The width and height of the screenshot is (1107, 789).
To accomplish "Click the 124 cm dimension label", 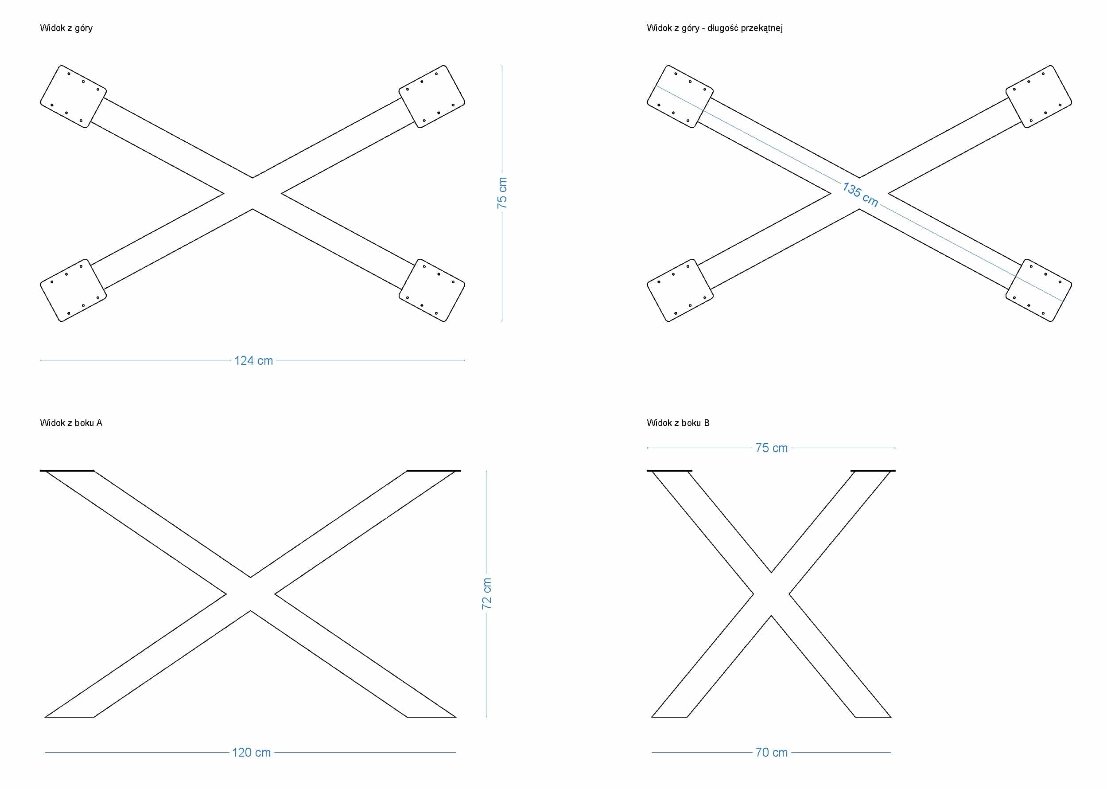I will (x=253, y=360).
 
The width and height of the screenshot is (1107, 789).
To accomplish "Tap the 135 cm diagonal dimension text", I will (x=860, y=194).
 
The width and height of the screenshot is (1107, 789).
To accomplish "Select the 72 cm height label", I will (x=486, y=593).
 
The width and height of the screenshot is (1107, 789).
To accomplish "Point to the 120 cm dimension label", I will (x=251, y=752).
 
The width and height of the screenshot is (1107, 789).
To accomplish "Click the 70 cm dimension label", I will (x=771, y=752).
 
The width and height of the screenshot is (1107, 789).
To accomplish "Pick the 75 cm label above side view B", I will (x=771, y=448).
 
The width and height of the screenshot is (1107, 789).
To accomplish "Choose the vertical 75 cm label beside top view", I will (x=502, y=193).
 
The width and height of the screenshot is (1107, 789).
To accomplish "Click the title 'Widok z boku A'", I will (x=71, y=423).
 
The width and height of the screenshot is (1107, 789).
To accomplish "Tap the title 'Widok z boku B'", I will (x=678, y=423).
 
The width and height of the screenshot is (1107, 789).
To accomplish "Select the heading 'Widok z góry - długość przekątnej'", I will (x=714, y=27).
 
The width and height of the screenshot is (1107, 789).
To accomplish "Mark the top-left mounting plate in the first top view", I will (x=74, y=97).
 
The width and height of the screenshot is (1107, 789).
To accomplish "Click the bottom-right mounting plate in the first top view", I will (x=431, y=290).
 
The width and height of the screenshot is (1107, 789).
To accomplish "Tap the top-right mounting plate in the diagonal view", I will (x=1038, y=97).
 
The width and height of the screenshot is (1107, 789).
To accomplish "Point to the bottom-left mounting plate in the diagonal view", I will (x=680, y=290).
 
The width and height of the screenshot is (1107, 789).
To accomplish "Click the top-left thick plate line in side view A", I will (x=67, y=470).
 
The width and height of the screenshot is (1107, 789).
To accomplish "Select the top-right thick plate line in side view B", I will (x=873, y=470).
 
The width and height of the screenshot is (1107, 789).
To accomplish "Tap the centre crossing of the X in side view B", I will (x=771, y=594).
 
